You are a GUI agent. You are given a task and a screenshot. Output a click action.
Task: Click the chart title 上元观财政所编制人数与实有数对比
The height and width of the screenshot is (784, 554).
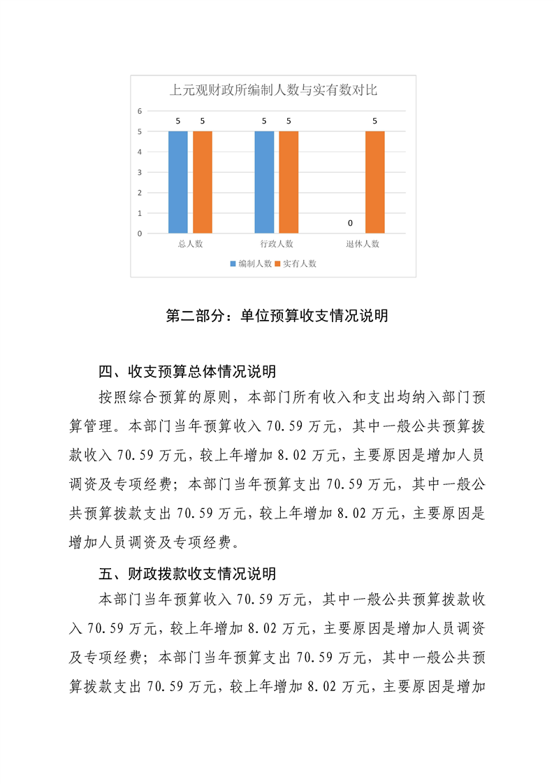click(274, 89)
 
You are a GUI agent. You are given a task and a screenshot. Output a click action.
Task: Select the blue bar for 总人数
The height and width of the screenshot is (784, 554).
click(178, 182)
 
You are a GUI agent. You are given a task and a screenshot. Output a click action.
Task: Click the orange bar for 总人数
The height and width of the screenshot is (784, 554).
click(203, 182)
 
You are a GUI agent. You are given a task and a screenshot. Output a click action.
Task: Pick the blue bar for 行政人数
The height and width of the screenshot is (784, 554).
click(264, 182)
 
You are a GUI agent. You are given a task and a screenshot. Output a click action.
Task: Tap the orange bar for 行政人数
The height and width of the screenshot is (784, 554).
click(289, 182)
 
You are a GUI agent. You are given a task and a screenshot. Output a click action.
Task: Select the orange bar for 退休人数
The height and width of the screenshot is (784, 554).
click(374, 182)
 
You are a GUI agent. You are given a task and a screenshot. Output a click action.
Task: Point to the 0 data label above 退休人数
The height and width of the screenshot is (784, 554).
click(350, 223)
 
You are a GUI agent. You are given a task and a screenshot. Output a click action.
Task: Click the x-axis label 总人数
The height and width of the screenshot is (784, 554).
click(190, 244)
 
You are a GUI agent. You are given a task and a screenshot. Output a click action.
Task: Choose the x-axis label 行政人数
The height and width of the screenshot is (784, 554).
click(276, 244)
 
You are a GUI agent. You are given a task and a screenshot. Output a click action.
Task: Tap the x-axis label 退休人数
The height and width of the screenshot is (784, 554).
click(362, 244)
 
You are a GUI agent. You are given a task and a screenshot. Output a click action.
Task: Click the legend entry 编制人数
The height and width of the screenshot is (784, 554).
click(251, 263)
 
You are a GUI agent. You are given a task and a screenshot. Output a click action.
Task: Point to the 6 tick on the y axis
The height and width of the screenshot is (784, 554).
click(140, 111)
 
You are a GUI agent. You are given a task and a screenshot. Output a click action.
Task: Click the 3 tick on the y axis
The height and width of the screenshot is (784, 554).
click(140, 172)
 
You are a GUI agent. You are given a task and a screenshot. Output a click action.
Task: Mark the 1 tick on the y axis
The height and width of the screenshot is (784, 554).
click(140, 213)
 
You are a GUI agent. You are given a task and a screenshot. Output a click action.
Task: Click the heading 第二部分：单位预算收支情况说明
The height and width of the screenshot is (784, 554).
click(277, 316)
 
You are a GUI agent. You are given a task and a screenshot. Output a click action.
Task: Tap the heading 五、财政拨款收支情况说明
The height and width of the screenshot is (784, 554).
click(187, 574)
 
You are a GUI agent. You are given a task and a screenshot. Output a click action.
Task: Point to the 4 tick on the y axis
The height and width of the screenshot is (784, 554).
click(140, 152)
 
